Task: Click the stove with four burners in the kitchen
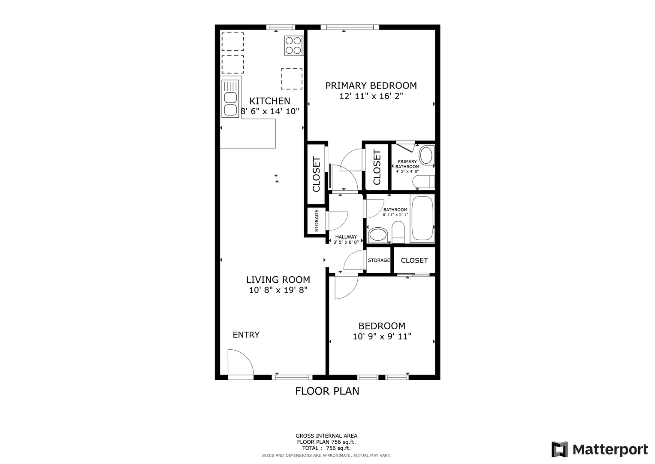point(293,46)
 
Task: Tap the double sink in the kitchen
point(230,99)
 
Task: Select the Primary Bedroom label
point(371,85)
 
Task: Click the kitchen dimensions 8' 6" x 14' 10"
point(270,111)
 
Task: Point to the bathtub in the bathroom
point(422,218)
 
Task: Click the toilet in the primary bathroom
point(424,182)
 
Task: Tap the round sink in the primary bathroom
point(426,155)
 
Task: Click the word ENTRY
point(246,335)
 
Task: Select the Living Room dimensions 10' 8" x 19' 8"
point(278,290)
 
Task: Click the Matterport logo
point(599,449)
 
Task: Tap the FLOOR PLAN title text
point(327,391)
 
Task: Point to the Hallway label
point(346,237)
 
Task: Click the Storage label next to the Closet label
point(379,260)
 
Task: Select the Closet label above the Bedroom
point(414,260)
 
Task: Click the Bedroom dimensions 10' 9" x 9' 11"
point(382,336)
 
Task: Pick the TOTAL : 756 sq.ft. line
point(326,448)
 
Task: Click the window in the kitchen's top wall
point(281,27)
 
